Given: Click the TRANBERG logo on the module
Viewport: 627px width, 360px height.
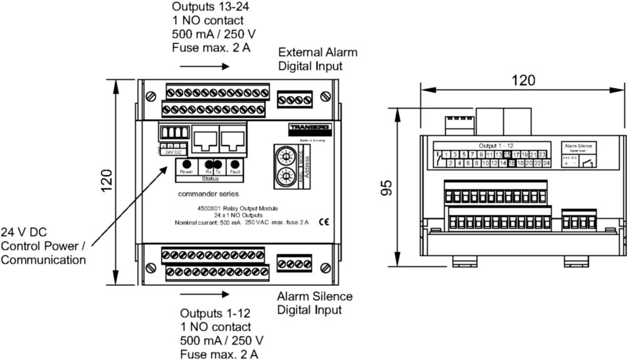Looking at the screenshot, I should pyautogui.click(x=310, y=129).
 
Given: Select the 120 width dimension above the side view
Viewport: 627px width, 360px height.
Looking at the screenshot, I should pyautogui.click(x=524, y=80).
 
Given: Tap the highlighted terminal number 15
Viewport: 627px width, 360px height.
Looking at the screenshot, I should pyautogui.click(x=507, y=154).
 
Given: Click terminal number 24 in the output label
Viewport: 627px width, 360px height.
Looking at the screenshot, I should pyautogui.click(x=546, y=163).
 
